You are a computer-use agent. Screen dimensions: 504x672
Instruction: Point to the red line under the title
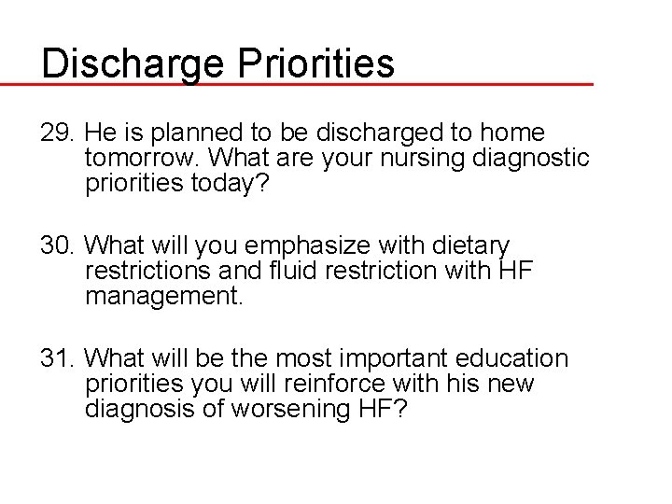click(299, 84)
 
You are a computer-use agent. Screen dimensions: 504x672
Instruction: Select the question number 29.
click(57, 133)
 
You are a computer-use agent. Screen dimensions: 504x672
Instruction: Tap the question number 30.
click(57, 245)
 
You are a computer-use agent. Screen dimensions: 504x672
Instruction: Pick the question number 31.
click(57, 359)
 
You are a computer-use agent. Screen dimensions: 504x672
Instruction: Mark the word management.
click(162, 297)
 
